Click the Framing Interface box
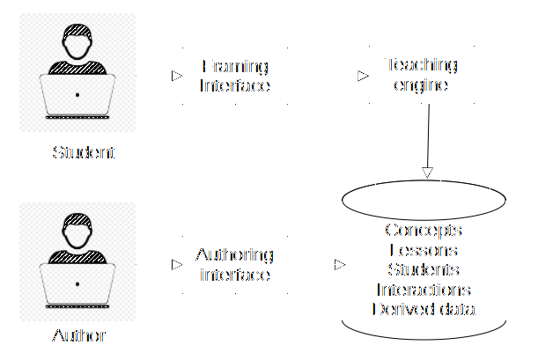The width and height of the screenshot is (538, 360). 234,77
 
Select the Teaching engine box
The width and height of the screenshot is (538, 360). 422,76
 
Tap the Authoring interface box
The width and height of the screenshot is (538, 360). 234,264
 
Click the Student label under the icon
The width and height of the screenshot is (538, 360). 84,152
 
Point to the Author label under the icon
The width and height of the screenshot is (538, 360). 79,335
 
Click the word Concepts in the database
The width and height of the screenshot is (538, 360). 423,231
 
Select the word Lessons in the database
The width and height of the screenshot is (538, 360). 423,250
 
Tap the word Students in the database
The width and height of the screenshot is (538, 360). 423,269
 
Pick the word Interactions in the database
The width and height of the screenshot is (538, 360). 423,289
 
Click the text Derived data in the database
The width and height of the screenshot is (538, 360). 423,309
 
